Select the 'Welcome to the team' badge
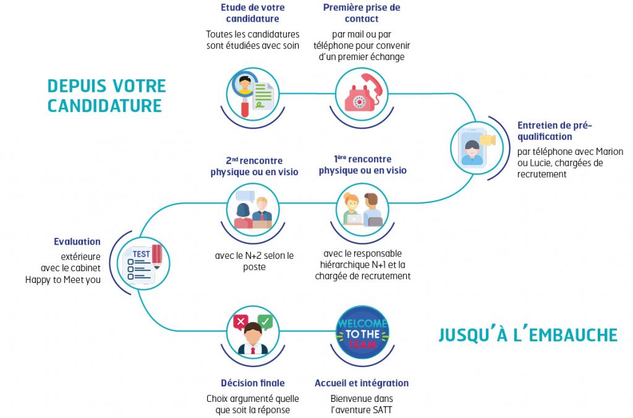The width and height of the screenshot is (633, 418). pos(362,333)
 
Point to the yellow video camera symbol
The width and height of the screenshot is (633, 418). pos(488,140)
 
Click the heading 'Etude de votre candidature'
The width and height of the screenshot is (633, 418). pos(252,13)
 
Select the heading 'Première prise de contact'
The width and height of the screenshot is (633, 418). pos(362,13)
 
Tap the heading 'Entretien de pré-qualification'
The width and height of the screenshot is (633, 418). pos(554,131)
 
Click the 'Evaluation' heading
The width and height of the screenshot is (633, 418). pos(77,242)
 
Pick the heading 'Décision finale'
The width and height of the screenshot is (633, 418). pos(253,383)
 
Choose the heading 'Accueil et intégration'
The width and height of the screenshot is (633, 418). pos(362,383)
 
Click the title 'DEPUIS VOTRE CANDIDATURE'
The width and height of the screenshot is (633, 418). pos(106,96)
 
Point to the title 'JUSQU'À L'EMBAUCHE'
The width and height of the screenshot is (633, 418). pos(528,335)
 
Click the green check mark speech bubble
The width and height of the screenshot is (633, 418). pos(265,322)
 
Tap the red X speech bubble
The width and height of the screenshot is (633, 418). pos(240,322)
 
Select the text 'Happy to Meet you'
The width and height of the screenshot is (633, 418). pos(63,280)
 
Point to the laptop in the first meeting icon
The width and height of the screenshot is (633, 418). pos(354,219)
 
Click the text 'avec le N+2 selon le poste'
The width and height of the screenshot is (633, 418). pos(254,261)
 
